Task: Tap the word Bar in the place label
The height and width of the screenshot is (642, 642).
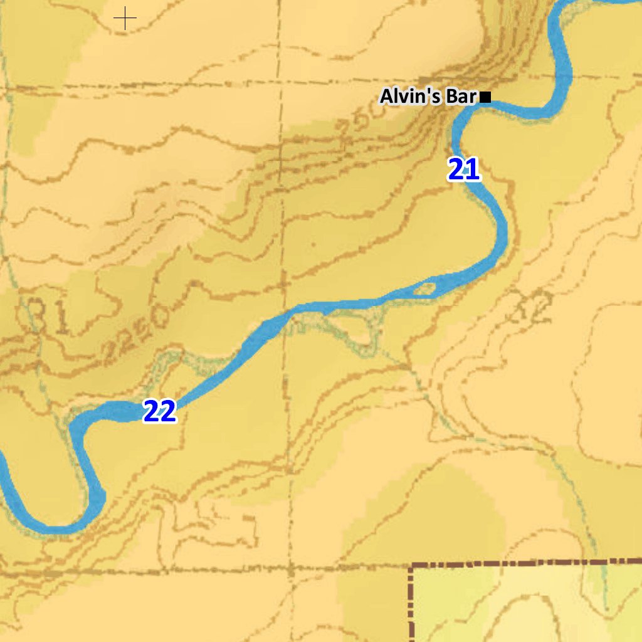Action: click(x=461, y=97)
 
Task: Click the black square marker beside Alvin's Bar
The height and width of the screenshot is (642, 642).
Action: click(x=485, y=97)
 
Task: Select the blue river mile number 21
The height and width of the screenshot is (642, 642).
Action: click(x=463, y=170)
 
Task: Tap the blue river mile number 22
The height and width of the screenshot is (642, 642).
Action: click(x=160, y=411)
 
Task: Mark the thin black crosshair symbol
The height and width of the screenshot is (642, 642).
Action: click(x=125, y=19)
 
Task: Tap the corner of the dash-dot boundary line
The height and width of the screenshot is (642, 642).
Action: click(x=412, y=566)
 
